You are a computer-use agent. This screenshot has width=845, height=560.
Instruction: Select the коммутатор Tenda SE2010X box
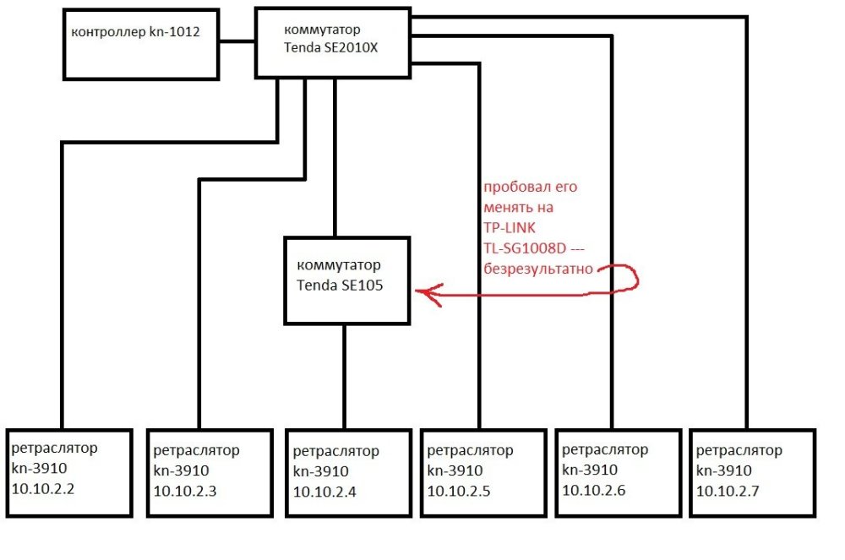[x=333, y=42]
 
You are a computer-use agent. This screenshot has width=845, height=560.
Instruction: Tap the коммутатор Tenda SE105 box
[x=347, y=280]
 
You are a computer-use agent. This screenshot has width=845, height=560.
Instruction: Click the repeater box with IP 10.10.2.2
[x=69, y=472]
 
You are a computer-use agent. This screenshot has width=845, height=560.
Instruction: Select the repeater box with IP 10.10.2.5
[x=482, y=472]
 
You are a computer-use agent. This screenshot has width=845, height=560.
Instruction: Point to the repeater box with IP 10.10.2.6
[x=618, y=472]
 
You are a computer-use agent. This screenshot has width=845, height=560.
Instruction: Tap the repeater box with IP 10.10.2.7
[x=752, y=472]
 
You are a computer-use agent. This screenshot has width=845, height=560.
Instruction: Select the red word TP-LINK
[x=510, y=228]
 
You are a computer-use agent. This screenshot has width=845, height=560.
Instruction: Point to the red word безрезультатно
[x=537, y=269]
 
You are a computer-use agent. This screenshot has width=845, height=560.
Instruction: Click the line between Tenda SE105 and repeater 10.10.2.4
[x=344, y=377]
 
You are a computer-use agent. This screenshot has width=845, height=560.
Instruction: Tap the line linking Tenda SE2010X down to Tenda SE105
[x=335, y=156]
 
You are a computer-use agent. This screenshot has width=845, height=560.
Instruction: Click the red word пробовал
[x=510, y=188]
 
